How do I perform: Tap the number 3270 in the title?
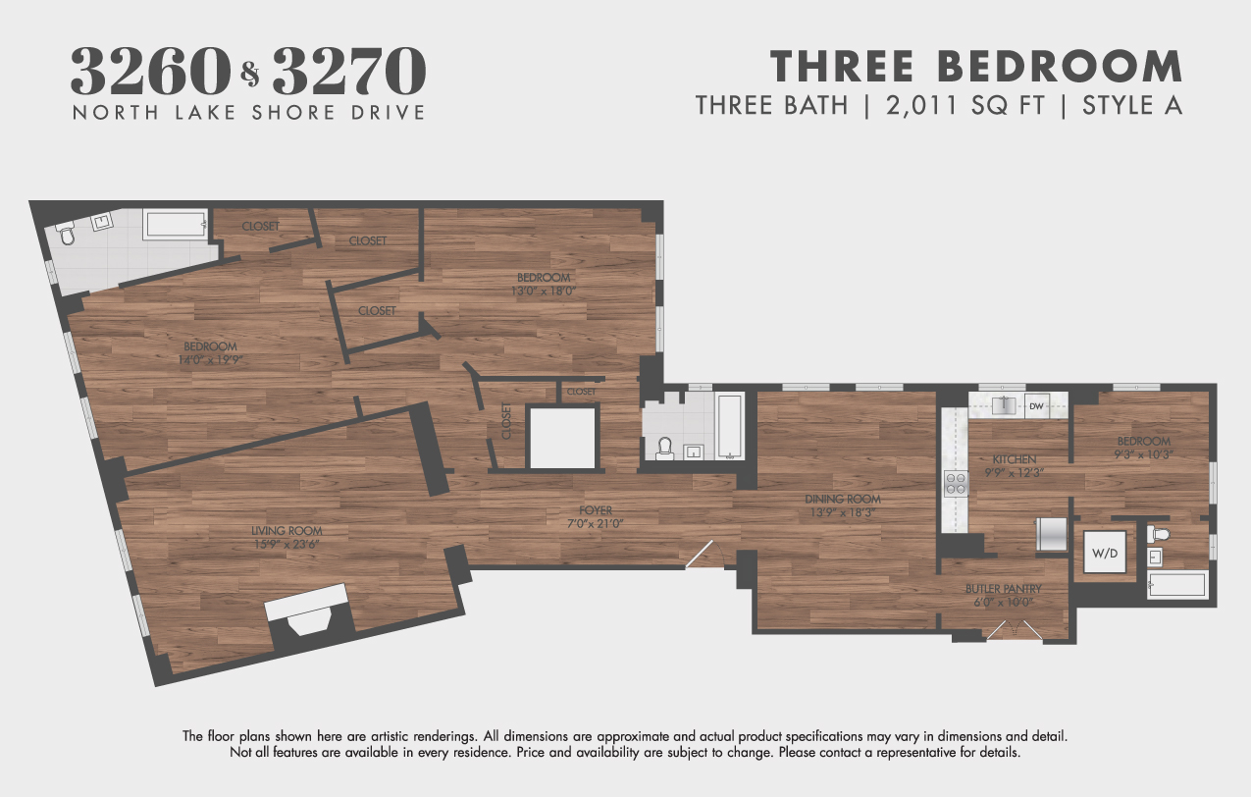tap(349, 70)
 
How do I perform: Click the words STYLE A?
tap(1132, 105)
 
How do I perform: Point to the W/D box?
tap(1100, 554)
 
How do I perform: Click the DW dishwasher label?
tap(1035, 405)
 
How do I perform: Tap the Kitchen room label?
tap(1014, 459)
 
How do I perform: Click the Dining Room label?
tap(844, 499)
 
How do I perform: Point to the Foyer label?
tap(596, 510)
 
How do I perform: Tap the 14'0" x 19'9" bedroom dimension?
tap(210, 360)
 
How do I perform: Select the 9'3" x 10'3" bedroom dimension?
tap(1142, 454)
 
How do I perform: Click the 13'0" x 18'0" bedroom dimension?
tap(543, 291)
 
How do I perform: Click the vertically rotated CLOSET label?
tap(507, 421)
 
